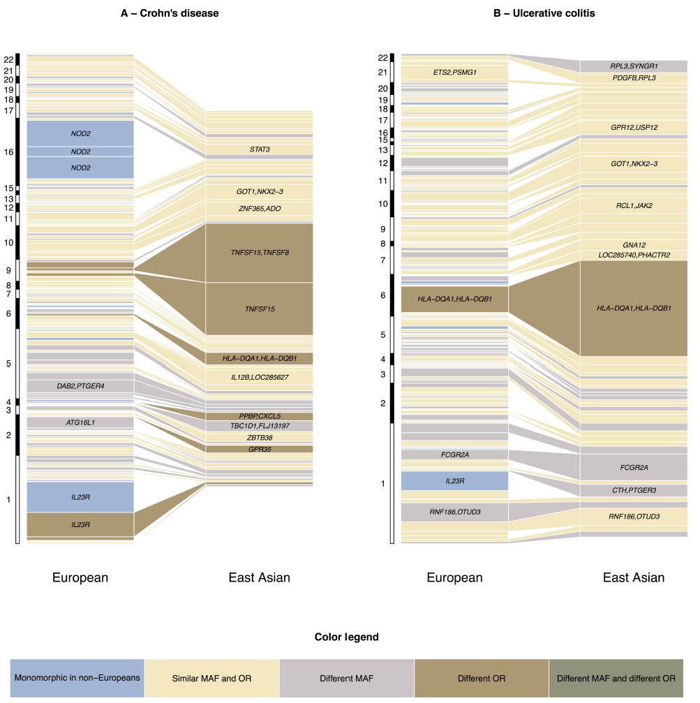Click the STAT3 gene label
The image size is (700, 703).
[260, 149]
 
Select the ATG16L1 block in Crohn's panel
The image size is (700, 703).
[80, 422]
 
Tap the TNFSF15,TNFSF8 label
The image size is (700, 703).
[260, 252]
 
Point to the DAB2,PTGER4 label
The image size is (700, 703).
[80, 386]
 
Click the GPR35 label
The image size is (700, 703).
[260, 449]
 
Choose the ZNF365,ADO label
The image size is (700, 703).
[260, 208]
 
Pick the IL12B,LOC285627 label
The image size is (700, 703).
[260, 378]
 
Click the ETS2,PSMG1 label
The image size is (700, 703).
[454, 72]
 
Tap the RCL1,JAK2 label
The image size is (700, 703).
[634, 205]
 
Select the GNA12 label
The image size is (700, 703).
[634, 245]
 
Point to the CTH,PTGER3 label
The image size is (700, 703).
[634, 490]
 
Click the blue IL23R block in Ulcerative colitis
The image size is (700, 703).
[454, 481]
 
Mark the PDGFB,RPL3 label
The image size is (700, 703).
[634, 77]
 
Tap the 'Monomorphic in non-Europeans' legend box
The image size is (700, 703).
[77, 678]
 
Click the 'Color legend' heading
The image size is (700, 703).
[347, 637]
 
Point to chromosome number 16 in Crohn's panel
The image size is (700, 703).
[8, 151]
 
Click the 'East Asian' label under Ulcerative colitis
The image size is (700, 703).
[634, 577]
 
